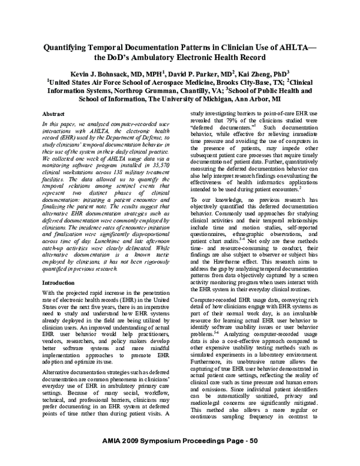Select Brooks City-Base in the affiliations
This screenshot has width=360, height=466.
(229, 81)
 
